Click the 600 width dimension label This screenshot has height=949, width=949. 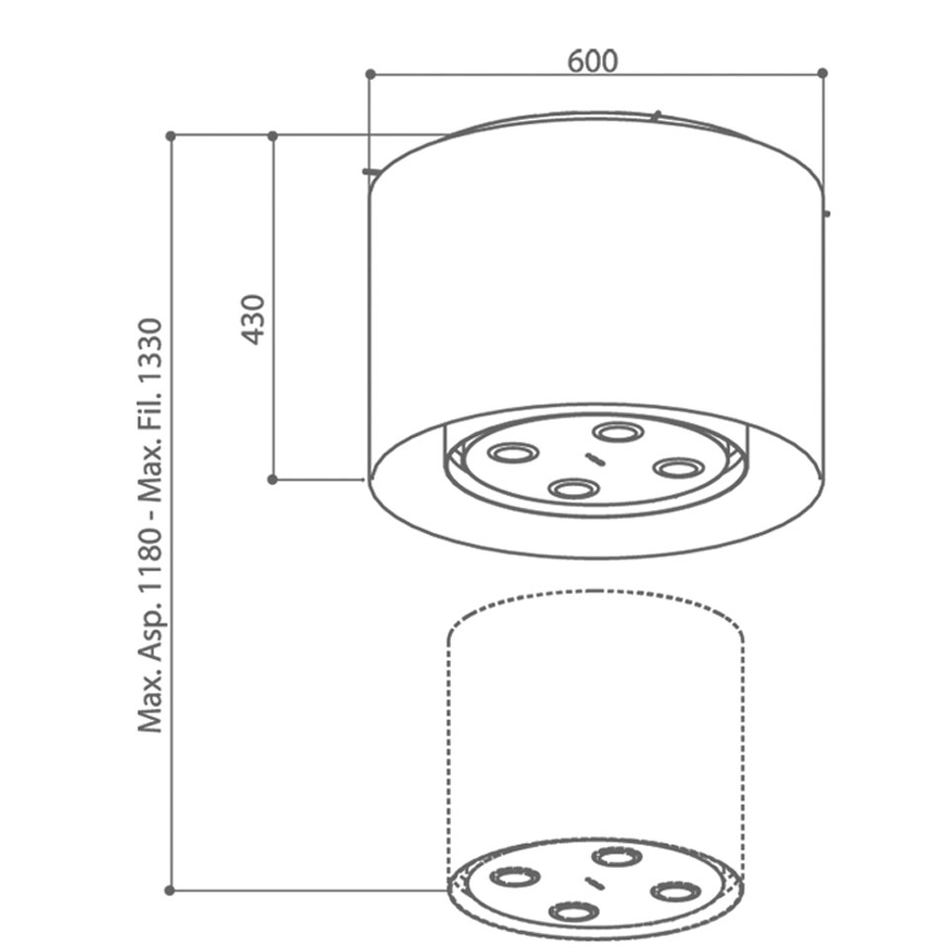tap(592, 61)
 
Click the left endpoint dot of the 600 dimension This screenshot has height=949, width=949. tap(371, 74)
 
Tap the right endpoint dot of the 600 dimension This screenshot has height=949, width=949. tap(821, 73)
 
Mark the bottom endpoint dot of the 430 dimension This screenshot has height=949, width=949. tap(273, 479)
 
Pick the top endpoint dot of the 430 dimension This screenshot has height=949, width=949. tap(273, 136)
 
